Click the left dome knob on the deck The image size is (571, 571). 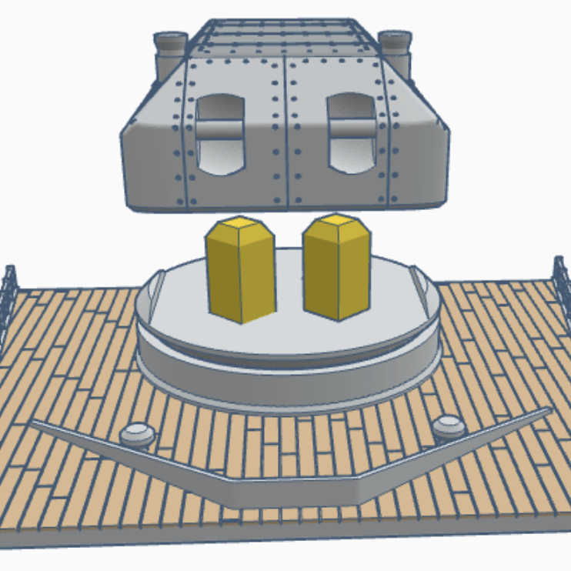pyautogui.click(x=138, y=434)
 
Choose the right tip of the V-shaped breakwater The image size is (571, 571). pyautogui.click(x=548, y=409)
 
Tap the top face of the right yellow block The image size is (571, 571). pyautogui.click(x=338, y=226)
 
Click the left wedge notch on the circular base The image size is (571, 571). pyautogui.click(x=156, y=284)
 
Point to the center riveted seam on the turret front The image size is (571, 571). pyautogui.click(x=286, y=131)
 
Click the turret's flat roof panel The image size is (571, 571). pyautogui.click(x=285, y=35)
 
